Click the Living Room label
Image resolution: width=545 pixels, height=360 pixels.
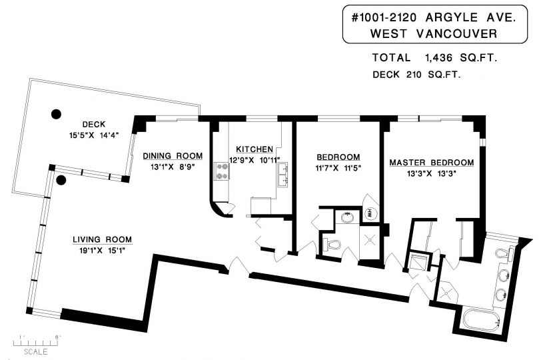click(x=102, y=239)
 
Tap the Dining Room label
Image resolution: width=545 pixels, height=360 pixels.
click(x=173, y=156)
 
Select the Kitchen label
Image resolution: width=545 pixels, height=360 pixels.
click(x=255, y=149)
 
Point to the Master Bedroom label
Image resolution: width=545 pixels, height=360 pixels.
click(x=431, y=163)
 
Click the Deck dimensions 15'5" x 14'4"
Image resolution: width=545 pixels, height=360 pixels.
click(x=94, y=135)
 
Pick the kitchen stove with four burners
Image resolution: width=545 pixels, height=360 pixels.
click(x=222, y=171)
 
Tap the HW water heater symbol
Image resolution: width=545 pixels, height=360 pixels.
click(x=370, y=212)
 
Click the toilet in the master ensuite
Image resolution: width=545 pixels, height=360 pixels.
click(x=503, y=253)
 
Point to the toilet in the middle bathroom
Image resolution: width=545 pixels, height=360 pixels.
click(x=331, y=245)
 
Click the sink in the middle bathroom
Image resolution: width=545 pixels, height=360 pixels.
click(x=347, y=218)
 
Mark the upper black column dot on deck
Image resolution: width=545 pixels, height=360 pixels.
click(x=56, y=114)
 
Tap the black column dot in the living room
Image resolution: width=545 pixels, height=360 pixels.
click(x=61, y=180)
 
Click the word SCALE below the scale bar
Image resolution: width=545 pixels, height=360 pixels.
click(x=35, y=351)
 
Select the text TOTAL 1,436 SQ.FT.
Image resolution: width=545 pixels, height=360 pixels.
click(x=434, y=58)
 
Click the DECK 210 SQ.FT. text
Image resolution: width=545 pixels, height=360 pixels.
click(x=416, y=75)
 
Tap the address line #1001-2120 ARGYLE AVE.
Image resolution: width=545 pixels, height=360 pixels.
click(x=434, y=17)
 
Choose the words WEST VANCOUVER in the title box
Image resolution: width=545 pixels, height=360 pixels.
click(x=434, y=33)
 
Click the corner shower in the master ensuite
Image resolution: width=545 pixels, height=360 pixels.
click(x=446, y=292)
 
